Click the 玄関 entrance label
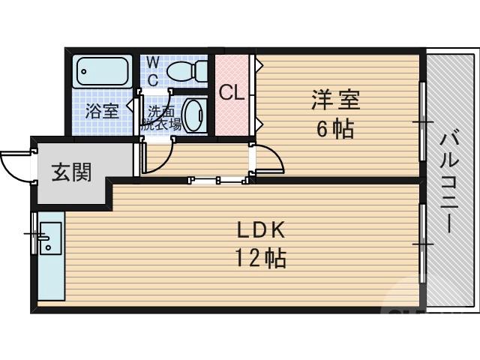[x=71, y=172]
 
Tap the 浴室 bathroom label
[x=101, y=112]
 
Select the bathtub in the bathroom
[x=103, y=73]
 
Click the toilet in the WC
[x=187, y=72]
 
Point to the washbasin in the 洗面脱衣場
[x=193, y=116]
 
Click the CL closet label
[x=232, y=93]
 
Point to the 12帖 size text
[x=259, y=259]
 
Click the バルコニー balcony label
[x=449, y=180]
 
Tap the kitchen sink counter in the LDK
[x=50, y=255]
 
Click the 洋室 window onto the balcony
[x=422, y=120]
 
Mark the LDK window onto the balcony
[x=422, y=244]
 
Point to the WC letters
[x=152, y=68]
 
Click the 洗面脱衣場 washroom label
[x=161, y=118]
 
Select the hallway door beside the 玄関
[x=154, y=159]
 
